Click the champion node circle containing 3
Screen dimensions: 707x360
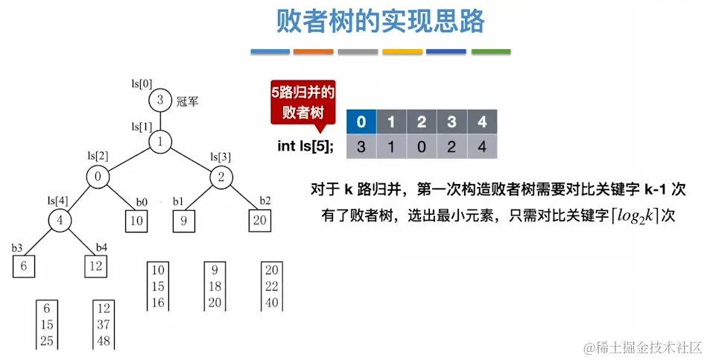click(159, 101)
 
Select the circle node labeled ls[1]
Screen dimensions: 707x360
click(159, 141)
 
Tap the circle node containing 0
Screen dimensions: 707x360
click(98, 177)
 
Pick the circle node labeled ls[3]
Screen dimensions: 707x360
click(222, 177)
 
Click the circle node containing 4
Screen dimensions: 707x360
click(61, 221)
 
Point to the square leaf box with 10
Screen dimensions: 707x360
click(137, 221)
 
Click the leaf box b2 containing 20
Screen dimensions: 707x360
click(260, 221)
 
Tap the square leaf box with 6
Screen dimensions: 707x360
click(24, 265)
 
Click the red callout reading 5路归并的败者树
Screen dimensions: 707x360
click(302, 103)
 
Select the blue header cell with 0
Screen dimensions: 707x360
click(361, 121)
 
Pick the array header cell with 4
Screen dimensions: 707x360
click(481, 121)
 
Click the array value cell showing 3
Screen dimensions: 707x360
click(361, 147)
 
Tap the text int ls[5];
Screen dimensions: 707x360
click(305, 146)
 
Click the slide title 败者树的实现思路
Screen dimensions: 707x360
click(380, 22)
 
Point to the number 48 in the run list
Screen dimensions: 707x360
click(104, 341)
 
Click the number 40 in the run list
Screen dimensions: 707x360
click(271, 302)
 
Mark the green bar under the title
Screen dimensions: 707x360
click(491, 51)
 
